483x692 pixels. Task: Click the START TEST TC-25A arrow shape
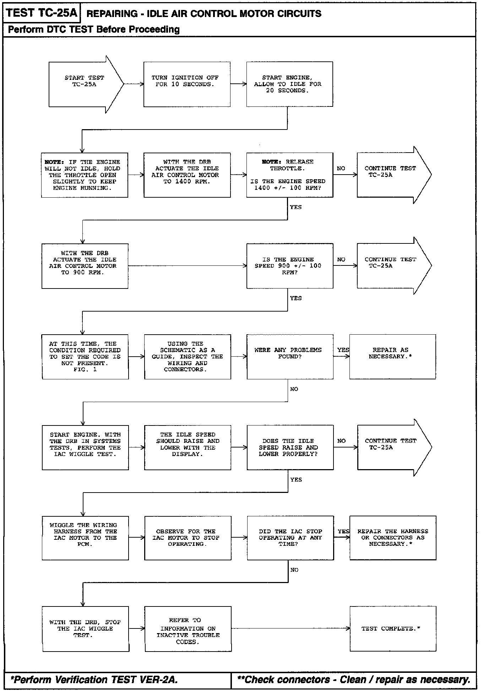(x=85, y=84)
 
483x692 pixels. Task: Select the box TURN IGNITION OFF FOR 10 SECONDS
(x=187, y=84)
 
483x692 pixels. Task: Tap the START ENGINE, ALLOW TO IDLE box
(x=289, y=84)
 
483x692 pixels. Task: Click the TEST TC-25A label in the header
(x=42, y=13)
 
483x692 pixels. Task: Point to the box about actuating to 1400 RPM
(x=187, y=175)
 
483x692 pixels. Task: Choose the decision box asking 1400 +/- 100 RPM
(x=289, y=175)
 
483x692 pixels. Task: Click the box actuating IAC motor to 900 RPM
(x=85, y=266)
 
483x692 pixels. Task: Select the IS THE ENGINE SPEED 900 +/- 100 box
(x=289, y=266)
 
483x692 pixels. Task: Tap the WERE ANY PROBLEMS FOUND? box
(x=290, y=357)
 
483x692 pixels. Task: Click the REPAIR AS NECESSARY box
(x=392, y=357)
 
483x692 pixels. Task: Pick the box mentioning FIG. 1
(x=85, y=357)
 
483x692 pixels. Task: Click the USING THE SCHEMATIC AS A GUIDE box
(x=188, y=357)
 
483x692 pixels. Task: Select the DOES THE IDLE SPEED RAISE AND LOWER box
(x=290, y=447)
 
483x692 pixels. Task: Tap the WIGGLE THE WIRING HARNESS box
(x=85, y=538)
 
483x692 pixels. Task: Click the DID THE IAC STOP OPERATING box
(x=290, y=538)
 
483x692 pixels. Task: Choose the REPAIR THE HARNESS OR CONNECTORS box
(x=393, y=538)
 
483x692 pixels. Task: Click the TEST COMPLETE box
(x=393, y=629)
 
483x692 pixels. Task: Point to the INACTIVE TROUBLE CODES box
(x=188, y=629)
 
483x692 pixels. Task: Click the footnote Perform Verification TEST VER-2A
(x=94, y=680)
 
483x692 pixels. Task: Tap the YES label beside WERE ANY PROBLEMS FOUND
(x=343, y=350)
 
